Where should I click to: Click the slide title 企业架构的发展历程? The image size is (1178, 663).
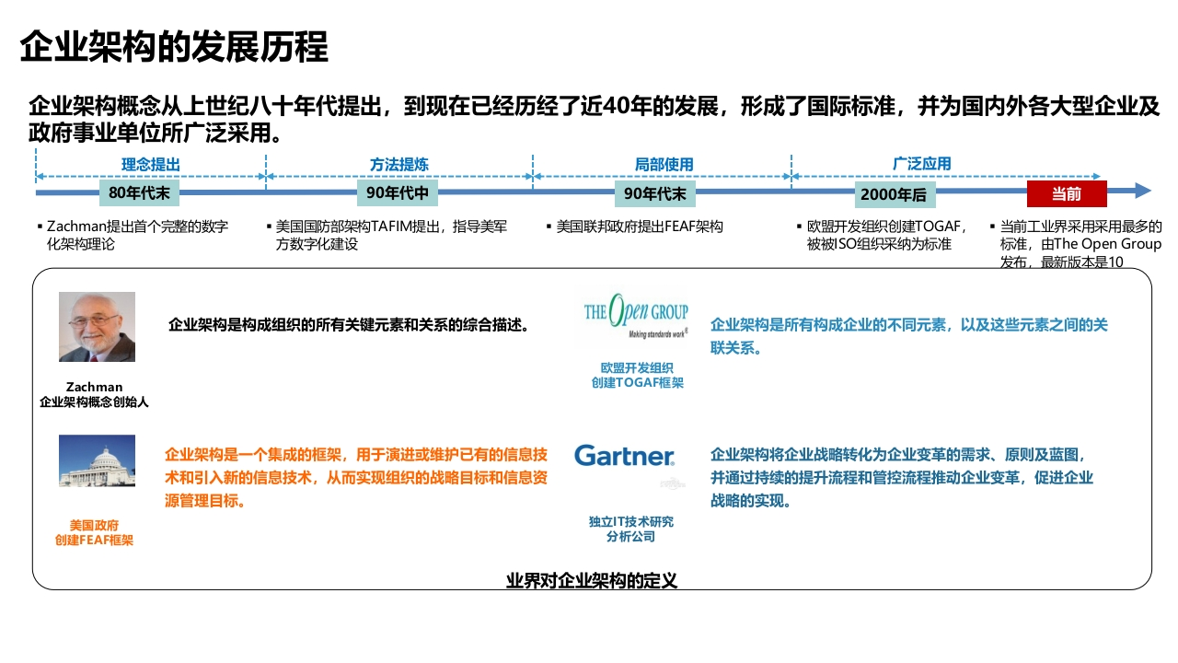tap(174, 47)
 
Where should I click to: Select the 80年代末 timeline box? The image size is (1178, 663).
tap(139, 193)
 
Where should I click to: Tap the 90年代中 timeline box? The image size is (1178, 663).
tap(398, 193)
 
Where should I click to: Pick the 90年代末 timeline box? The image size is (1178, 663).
tap(655, 193)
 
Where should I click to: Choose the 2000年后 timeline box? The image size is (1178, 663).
tap(895, 194)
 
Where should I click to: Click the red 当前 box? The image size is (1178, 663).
tap(1067, 193)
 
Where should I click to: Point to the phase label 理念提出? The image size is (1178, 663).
tap(151, 164)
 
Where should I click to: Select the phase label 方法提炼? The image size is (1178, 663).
tap(399, 164)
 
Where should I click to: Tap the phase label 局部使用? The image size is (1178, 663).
tap(664, 164)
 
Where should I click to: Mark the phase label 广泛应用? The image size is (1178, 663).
tap(922, 164)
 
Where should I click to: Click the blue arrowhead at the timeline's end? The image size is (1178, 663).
tap(1142, 191)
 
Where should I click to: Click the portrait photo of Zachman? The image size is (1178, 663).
tap(97, 327)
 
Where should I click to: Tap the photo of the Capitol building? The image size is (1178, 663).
tap(97, 460)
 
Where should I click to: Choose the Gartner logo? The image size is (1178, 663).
tap(625, 456)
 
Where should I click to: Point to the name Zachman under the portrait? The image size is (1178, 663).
tap(94, 387)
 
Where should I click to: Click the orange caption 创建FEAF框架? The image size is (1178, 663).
tap(94, 540)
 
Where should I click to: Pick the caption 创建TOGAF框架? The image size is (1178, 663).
tap(638, 382)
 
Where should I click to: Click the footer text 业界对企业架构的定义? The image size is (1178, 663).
tap(592, 580)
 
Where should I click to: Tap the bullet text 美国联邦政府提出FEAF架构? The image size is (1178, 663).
tap(640, 227)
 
